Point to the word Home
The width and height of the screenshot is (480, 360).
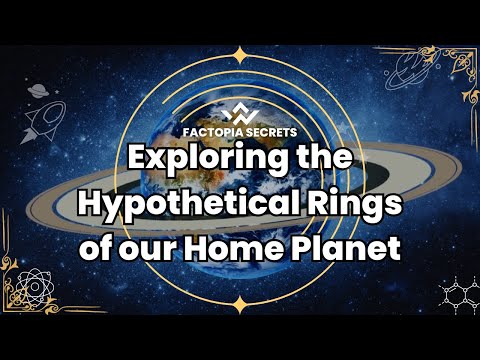point(233,244)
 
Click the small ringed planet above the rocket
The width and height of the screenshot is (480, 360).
point(37,90)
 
